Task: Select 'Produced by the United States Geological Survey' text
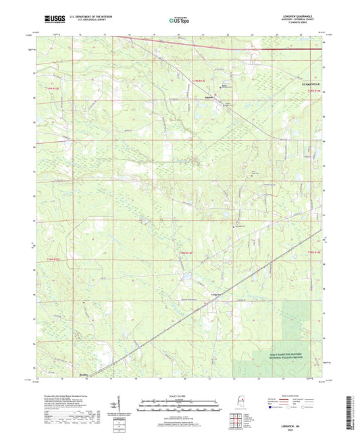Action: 58,396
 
